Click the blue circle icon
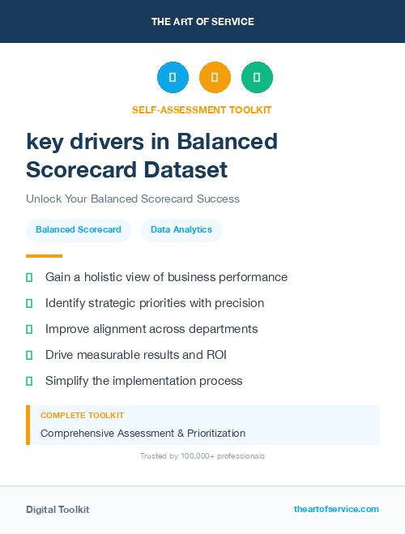(173, 78)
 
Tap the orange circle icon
(215, 78)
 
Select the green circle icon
(257, 78)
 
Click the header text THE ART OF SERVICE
(202, 22)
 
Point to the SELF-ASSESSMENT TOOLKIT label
(202, 109)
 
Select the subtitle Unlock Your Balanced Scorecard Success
(133, 199)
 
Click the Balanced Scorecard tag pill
(79, 230)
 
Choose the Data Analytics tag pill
(181, 230)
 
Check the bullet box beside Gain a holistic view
(29, 277)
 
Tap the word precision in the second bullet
(235, 303)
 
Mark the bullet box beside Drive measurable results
(29, 355)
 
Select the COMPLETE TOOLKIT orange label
(82, 415)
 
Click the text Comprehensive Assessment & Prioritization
(143, 433)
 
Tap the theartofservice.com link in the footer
(336, 509)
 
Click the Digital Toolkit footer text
(58, 510)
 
